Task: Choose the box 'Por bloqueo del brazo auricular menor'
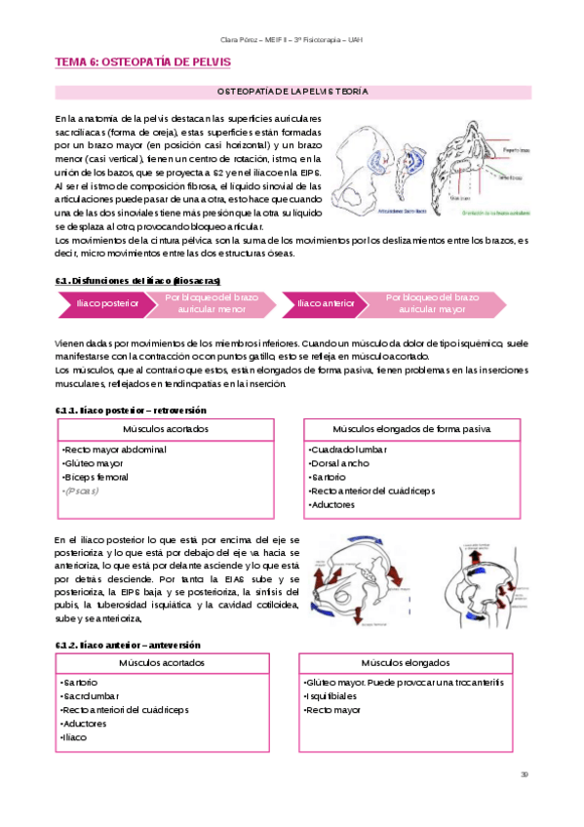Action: tap(212, 303)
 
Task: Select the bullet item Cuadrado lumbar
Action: tap(350, 450)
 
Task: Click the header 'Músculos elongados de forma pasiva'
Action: tap(411, 429)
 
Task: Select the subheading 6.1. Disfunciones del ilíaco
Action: tap(144, 280)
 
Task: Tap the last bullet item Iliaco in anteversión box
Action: tap(74, 737)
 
